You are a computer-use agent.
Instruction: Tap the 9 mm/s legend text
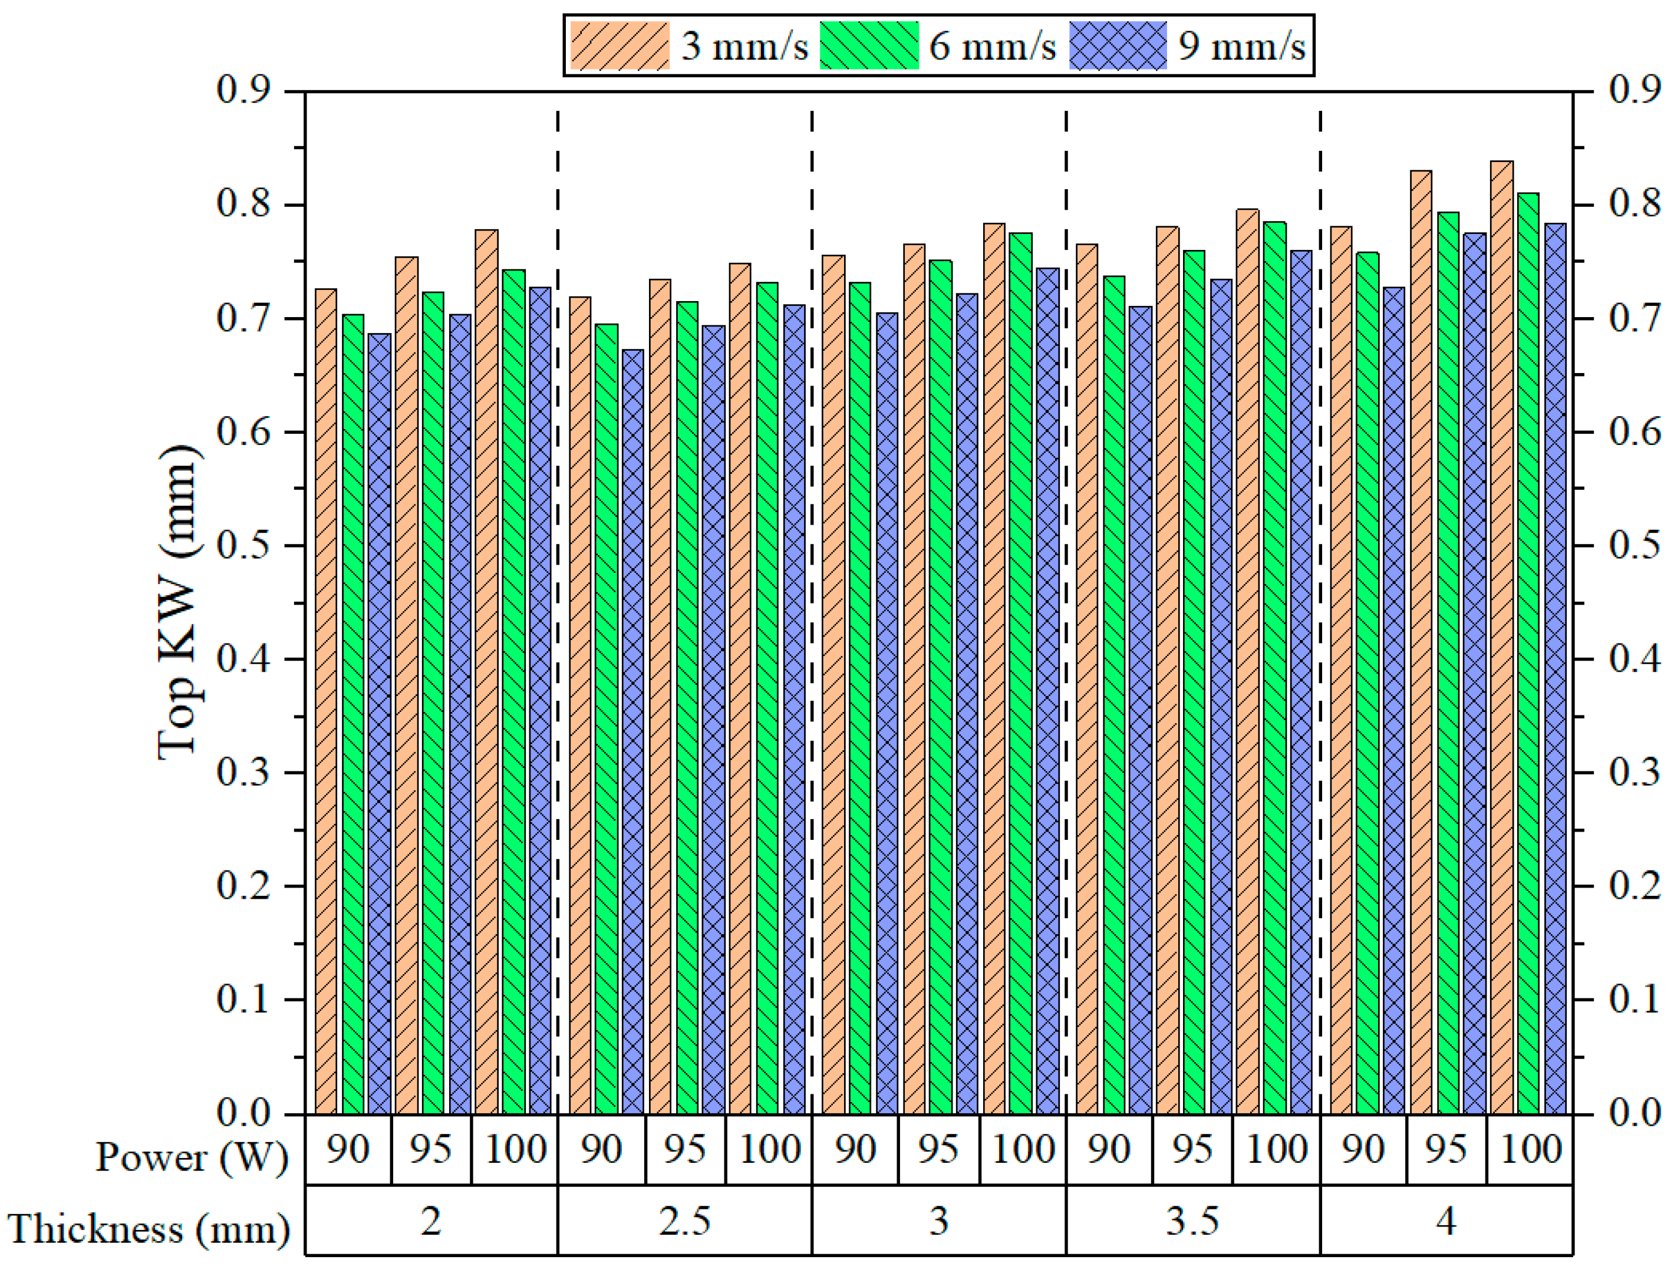coord(1241,46)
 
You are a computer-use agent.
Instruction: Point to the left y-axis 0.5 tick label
coord(243,546)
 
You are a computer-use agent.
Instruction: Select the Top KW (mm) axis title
coord(180,602)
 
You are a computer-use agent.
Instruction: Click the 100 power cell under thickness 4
coord(1530,1149)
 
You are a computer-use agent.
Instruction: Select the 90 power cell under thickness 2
coord(348,1149)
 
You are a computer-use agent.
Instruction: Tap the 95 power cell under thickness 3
coord(938,1149)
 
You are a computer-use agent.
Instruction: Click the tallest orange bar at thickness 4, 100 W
coord(1502,636)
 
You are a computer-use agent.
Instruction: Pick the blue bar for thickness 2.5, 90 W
coord(633,731)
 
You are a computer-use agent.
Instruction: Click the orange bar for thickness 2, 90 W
coord(326,701)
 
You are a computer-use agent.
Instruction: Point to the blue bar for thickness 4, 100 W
coord(1555,667)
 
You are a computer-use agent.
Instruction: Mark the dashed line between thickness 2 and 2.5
coord(558,606)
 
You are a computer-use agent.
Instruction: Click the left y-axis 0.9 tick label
coord(243,91)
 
